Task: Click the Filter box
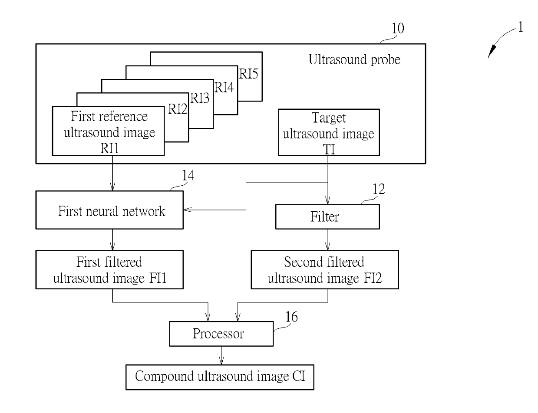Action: tap(327, 216)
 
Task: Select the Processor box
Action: tap(221, 334)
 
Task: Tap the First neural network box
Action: tap(109, 210)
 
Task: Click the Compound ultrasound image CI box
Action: tap(220, 377)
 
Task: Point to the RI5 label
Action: tap(248, 74)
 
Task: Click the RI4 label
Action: tap(224, 87)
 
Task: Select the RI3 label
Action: tap(200, 98)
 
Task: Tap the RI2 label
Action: tap(178, 109)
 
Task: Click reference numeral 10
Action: tap(398, 28)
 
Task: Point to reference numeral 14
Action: tap(188, 175)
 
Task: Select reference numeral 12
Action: tap(379, 189)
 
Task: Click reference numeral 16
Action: tap(292, 317)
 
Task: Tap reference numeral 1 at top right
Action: tap(521, 27)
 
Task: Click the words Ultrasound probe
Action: tap(354, 59)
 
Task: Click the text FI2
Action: tap(373, 278)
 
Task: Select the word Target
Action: tap(329, 118)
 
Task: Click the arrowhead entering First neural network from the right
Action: tap(188, 210)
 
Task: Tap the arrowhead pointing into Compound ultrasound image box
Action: tap(221, 361)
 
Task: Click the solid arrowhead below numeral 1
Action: tap(492, 51)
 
